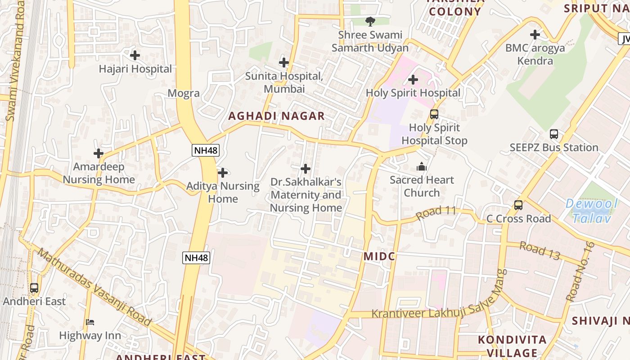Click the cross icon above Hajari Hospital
[135, 55]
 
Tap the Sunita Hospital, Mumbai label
[284, 82]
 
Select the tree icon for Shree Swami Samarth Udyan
[370, 21]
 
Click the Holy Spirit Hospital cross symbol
[413, 80]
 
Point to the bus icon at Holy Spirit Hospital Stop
[434, 114]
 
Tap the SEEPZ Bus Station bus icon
[554, 134]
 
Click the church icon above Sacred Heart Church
[421, 166]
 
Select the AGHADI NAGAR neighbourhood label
[276, 116]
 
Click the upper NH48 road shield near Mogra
[206, 150]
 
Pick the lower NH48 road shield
[196, 258]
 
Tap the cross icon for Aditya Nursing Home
[222, 172]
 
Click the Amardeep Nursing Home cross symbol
[99, 153]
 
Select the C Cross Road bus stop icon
[518, 205]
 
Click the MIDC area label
[379, 256]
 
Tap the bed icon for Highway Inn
[90, 322]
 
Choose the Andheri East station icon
[34, 288]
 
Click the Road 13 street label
[540, 251]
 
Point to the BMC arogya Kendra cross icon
[535, 34]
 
